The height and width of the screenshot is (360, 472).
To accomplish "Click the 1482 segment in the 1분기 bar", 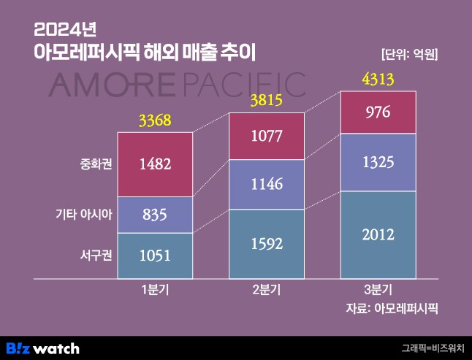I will click(x=155, y=164).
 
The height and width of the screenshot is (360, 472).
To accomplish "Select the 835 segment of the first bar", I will click(x=155, y=215).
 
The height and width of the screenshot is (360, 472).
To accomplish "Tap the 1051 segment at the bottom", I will click(x=155, y=256).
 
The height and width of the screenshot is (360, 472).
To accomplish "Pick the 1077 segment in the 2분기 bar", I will click(x=267, y=136).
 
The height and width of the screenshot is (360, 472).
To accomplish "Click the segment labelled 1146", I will click(x=267, y=184).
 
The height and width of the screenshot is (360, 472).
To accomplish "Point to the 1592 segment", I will click(x=267, y=244).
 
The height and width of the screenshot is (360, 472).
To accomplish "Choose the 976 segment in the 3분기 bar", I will click(x=378, y=112).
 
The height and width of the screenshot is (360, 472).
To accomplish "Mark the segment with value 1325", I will click(x=378, y=162).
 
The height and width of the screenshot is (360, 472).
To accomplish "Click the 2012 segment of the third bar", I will click(x=378, y=234).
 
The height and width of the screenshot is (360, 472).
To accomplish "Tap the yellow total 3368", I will click(x=155, y=120).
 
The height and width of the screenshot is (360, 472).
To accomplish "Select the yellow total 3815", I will click(x=267, y=100).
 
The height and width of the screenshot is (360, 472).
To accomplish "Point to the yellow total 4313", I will click(x=378, y=78).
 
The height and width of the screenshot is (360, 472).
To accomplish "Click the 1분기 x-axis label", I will click(x=155, y=290).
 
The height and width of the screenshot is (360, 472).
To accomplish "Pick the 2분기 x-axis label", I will click(x=267, y=290).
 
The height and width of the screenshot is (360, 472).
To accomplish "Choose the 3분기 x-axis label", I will click(x=378, y=290).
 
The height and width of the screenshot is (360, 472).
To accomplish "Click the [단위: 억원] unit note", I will click(x=414, y=53).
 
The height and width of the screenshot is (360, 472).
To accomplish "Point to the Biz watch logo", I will click(x=42, y=348).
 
